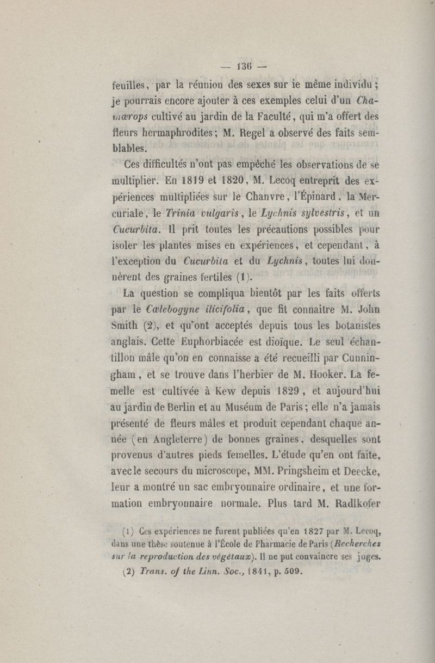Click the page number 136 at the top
[x=243, y=67]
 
